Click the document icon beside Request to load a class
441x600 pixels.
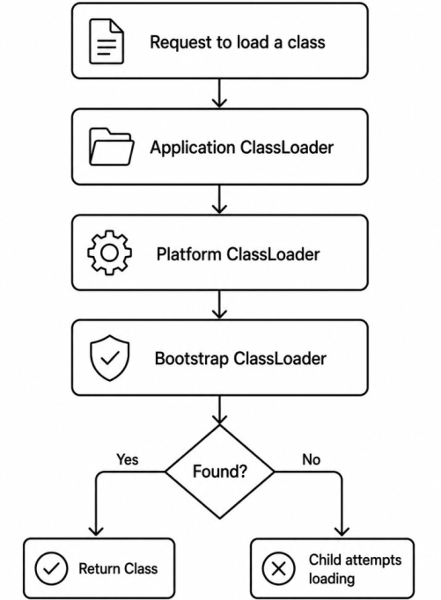pyautogui.click(x=107, y=41)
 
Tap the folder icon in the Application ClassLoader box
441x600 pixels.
pyautogui.click(x=111, y=147)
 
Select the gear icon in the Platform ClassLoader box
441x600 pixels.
pyautogui.click(x=110, y=252)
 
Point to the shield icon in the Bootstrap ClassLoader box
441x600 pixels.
pyautogui.click(x=110, y=358)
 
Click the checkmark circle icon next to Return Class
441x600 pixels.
pyautogui.click(x=51, y=568)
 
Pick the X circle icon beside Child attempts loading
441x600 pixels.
pyautogui.click(x=279, y=568)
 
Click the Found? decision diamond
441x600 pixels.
pyautogui.click(x=220, y=472)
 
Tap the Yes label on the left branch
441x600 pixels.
pyautogui.click(x=128, y=459)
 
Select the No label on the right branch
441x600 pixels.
pyautogui.click(x=312, y=459)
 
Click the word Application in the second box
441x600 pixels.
pyautogui.click(x=193, y=148)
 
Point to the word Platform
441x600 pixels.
pyautogui.click(x=188, y=253)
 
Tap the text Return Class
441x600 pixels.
pyautogui.click(x=118, y=568)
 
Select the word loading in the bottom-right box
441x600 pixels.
pyautogui.click(x=332, y=579)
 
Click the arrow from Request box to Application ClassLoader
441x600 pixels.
pyautogui.click(x=219, y=93)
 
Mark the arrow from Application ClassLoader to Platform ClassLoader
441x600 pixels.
pyautogui.click(x=219, y=199)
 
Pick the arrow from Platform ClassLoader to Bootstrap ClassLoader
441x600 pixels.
pyautogui.click(x=219, y=304)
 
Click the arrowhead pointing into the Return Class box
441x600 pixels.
pyautogui.click(x=96, y=531)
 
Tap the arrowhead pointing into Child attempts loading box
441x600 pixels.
pyautogui.click(x=342, y=531)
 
